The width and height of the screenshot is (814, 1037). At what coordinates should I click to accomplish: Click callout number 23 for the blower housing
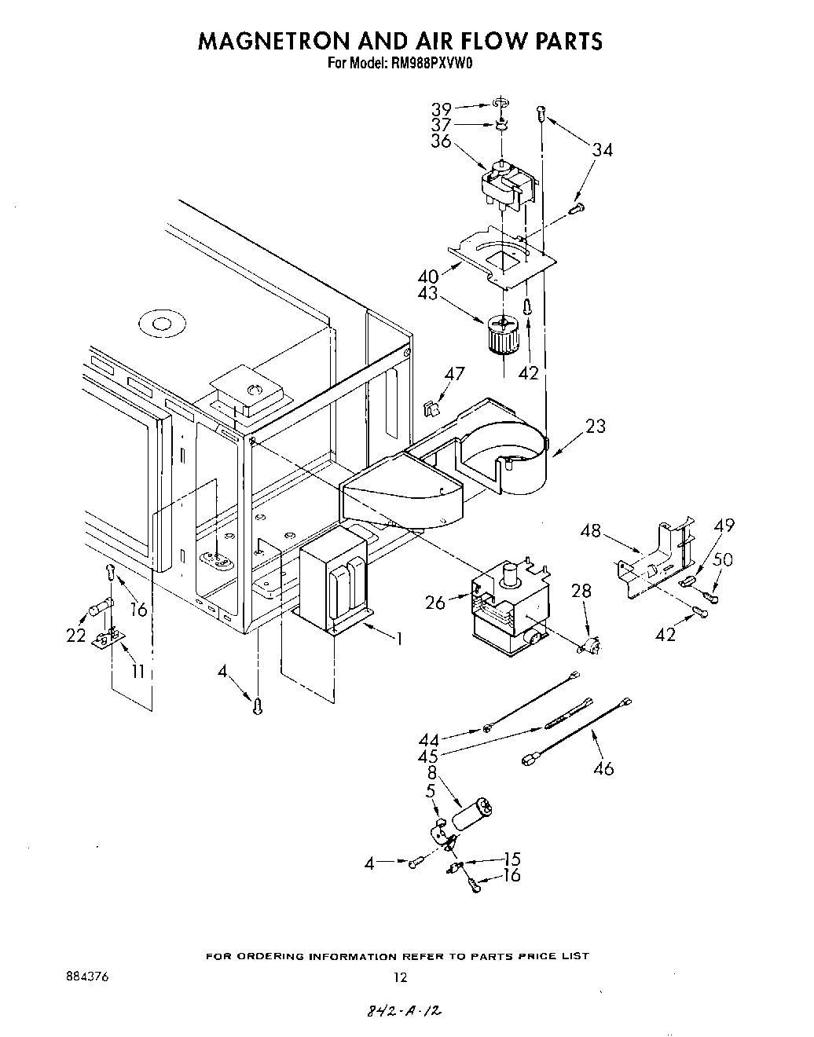click(x=596, y=426)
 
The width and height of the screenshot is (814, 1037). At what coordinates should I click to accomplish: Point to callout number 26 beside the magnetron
click(x=434, y=602)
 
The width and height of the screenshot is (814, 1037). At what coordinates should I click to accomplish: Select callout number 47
click(x=454, y=374)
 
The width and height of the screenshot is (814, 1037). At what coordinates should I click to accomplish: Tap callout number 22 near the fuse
click(x=75, y=636)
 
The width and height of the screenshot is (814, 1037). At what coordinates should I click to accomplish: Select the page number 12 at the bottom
click(x=401, y=978)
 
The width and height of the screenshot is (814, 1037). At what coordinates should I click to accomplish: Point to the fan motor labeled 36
click(x=508, y=186)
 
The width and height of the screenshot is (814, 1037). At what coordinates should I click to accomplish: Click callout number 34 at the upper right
click(x=602, y=149)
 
